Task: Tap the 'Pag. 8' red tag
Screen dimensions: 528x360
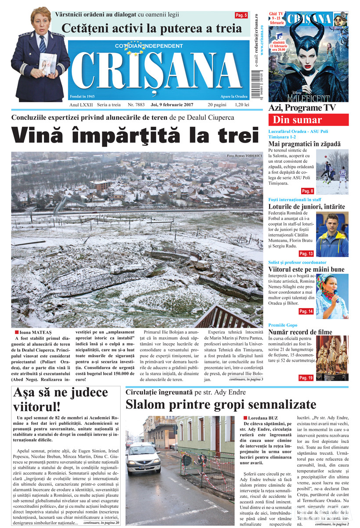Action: coord(307,191)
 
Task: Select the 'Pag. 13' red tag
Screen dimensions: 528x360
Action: coord(306,254)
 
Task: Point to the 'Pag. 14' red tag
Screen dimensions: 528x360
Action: coord(306,311)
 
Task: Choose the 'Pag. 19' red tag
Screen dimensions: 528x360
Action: coord(306,377)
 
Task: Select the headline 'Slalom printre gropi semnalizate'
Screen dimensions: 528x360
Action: coord(221,404)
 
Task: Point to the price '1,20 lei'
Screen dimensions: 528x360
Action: coord(241,105)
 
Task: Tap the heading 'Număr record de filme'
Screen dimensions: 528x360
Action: coord(300,332)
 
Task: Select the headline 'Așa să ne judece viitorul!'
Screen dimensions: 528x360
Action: coord(61,398)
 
